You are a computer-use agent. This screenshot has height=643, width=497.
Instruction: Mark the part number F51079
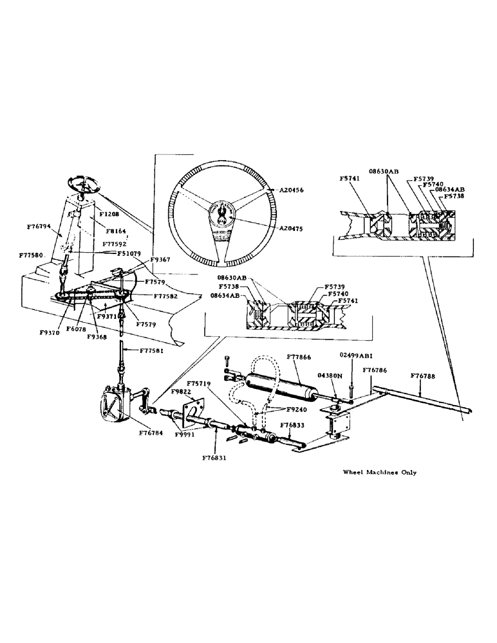(x=129, y=253)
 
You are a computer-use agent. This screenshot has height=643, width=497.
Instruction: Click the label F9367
(x=160, y=260)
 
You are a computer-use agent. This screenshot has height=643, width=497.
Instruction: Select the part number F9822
(x=181, y=391)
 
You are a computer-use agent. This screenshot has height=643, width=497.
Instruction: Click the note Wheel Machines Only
(x=379, y=472)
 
